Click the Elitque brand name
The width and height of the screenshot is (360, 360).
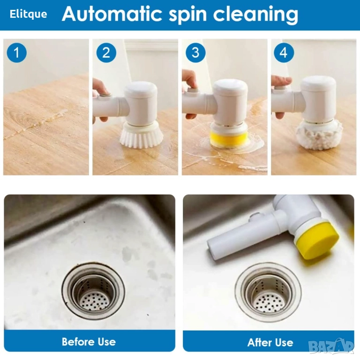(x=28, y=14)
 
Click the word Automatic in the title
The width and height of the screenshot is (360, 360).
(x=112, y=14)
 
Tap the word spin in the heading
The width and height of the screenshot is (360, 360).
(x=188, y=15)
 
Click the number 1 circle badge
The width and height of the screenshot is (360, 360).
(x=17, y=52)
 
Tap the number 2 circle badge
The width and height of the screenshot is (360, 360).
(x=106, y=52)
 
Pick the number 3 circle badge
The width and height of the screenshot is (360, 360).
(x=195, y=52)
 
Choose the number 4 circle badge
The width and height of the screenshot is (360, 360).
(x=284, y=52)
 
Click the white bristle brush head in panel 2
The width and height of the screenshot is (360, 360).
(x=142, y=135)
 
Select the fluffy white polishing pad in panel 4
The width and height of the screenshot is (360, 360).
(x=319, y=135)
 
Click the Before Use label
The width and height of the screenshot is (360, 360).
(x=89, y=342)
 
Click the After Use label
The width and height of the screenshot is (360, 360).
(x=270, y=342)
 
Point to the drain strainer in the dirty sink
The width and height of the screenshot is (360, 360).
(x=93, y=290)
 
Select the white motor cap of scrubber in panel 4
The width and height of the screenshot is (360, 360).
(x=318, y=99)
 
